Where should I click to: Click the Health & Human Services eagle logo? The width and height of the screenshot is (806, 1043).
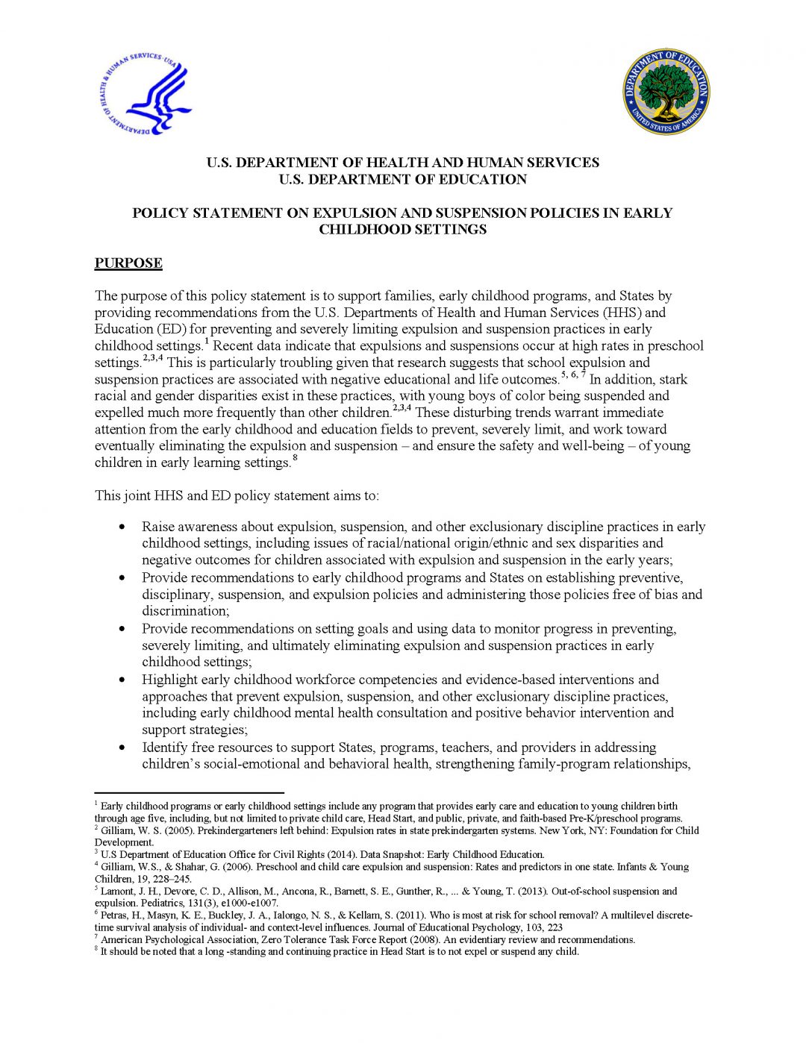[x=146, y=93]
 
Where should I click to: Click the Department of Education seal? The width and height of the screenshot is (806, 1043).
[x=666, y=93]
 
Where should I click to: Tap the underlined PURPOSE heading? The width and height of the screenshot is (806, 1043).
[x=128, y=263]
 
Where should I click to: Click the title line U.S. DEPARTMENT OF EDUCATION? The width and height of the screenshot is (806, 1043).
[x=402, y=180]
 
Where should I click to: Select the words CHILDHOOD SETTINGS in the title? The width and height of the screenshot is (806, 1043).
[x=402, y=230]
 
